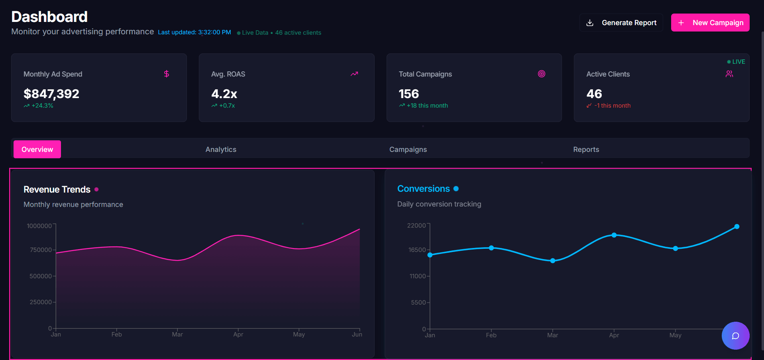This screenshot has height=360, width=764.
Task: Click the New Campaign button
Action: [710, 23]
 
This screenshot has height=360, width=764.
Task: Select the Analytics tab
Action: [221, 150]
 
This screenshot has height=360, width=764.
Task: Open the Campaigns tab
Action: [408, 150]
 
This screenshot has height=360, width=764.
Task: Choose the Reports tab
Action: [586, 150]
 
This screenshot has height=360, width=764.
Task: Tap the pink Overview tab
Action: [37, 150]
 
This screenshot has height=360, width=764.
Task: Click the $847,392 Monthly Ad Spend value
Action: [51, 94]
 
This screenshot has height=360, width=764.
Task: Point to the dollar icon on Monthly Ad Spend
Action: [167, 74]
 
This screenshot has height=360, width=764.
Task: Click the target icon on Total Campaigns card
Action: [541, 74]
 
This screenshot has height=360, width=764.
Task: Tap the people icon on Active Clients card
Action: [729, 74]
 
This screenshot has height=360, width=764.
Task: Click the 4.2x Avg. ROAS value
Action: [224, 94]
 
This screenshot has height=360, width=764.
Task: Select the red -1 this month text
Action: [612, 106]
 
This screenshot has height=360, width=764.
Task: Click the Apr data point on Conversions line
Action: [614, 235]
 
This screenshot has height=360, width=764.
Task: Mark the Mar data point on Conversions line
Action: [552, 261]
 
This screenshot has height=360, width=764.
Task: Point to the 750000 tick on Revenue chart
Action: [41, 250]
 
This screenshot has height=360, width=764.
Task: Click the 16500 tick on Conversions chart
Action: [417, 250]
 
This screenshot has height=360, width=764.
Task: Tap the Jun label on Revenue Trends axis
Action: [357, 334]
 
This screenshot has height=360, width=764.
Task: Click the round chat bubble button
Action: [735, 336]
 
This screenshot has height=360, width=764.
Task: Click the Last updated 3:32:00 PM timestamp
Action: [194, 32]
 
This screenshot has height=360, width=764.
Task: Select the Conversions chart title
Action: [423, 189]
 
